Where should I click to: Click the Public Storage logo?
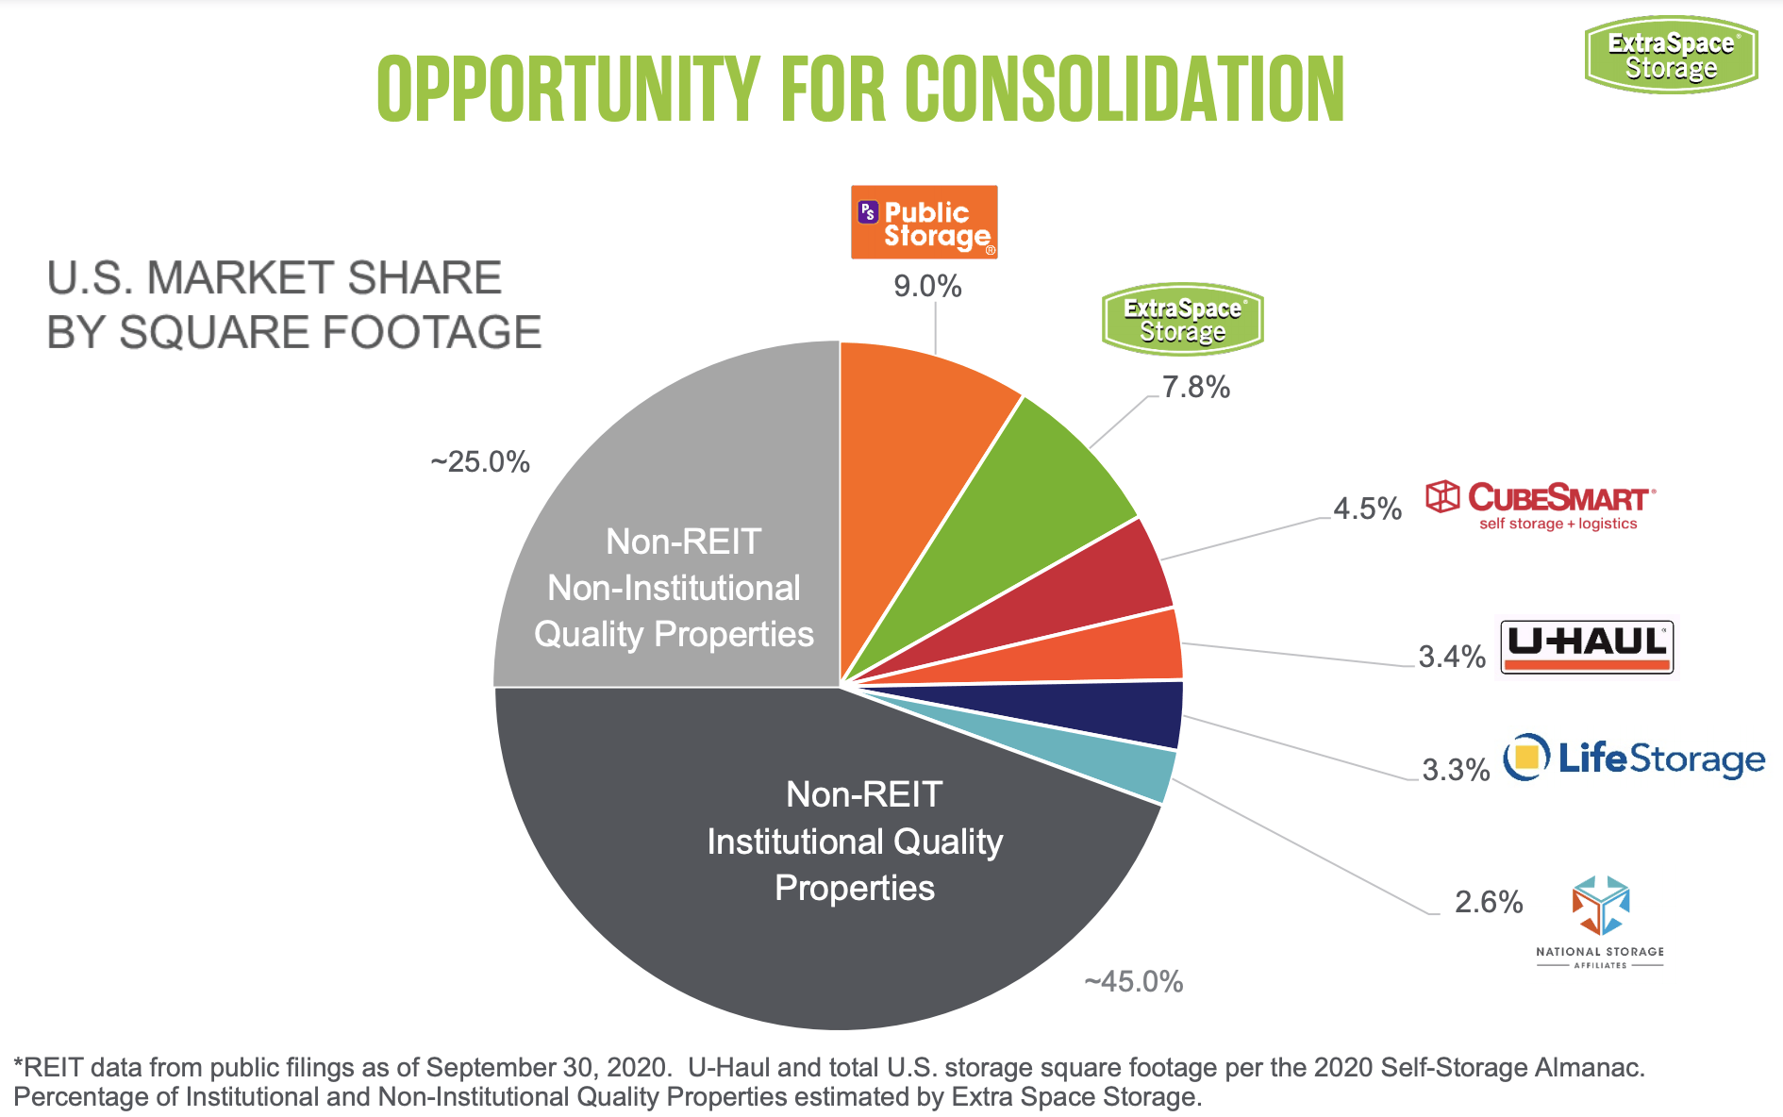(x=924, y=223)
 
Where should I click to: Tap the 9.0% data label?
(x=927, y=286)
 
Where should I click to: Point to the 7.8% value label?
(x=1195, y=387)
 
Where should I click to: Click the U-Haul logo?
(x=1588, y=647)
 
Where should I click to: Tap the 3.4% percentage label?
(x=1452, y=657)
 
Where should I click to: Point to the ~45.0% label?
(x=1133, y=981)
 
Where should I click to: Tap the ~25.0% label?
(x=480, y=461)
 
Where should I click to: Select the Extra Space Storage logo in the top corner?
(x=1671, y=55)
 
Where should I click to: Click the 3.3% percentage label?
(x=1456, y=770)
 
